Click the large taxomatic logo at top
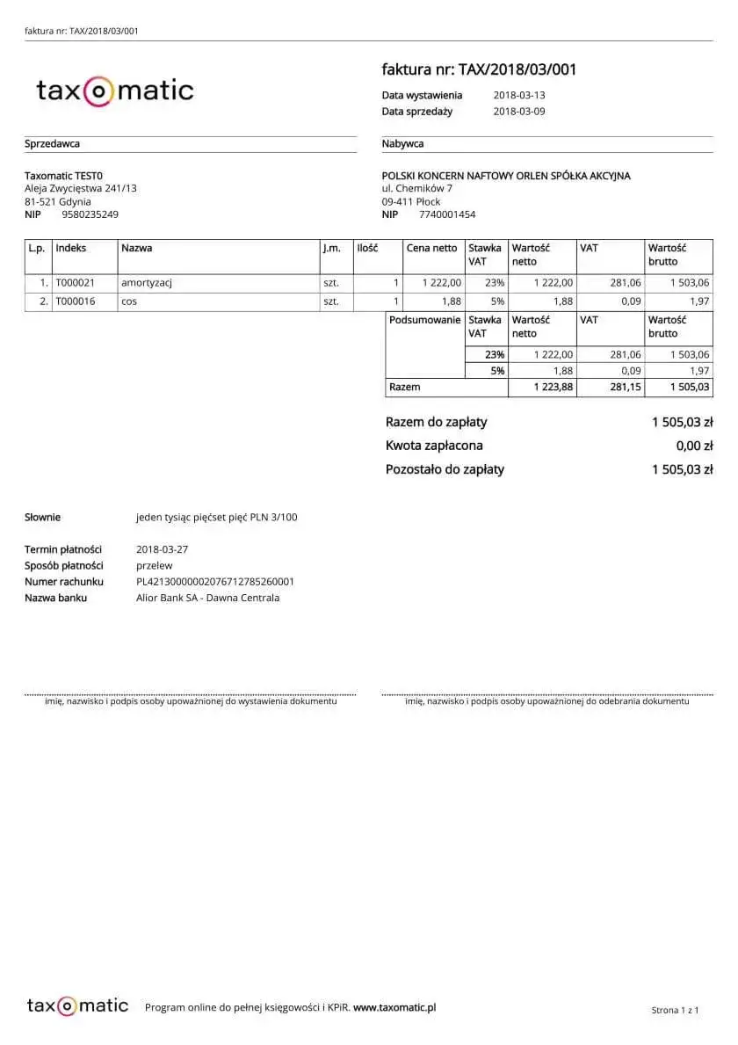pyautogui.click(x=114, y=91)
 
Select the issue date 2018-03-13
pyautogui.click(x=519, y=95)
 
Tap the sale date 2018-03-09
pyautogui.click(x=519, y=112)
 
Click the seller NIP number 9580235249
pyautogui.click(x=90, y=214)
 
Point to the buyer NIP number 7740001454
pyautogui.click(x=447, y=214)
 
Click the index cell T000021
pyautogui.click(x=75, y=283)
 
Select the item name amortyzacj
pyautogui.click(x=147, y=283)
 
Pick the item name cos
pyautogui.click(x=129, y=301)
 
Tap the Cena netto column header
pyautogui.click(x=431, y=248)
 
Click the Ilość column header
pyautogui.click(x=367, y=248)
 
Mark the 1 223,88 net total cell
pyautogui.click(x=553, y=387)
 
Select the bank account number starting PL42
pyautogui.click(x=215, y=582)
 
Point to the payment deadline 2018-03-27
pyautogui.click(x=163, y=549)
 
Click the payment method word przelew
pyautogui.click(x=155, y=565)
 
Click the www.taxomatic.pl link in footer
pyautogui.click(x=394, y=1007)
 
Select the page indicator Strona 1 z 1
pyautogui.click(x=675, y=1010)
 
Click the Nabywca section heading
pyautogui.click(x=403, y=144)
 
